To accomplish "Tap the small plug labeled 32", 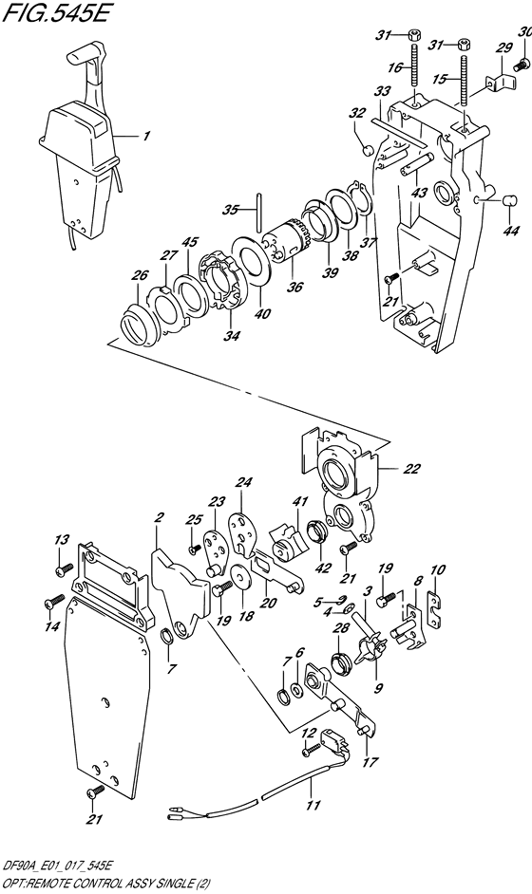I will point(368,149).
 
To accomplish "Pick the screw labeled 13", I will point(64,570).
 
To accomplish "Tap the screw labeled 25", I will point(194,549).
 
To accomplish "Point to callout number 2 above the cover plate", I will point(161,517).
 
